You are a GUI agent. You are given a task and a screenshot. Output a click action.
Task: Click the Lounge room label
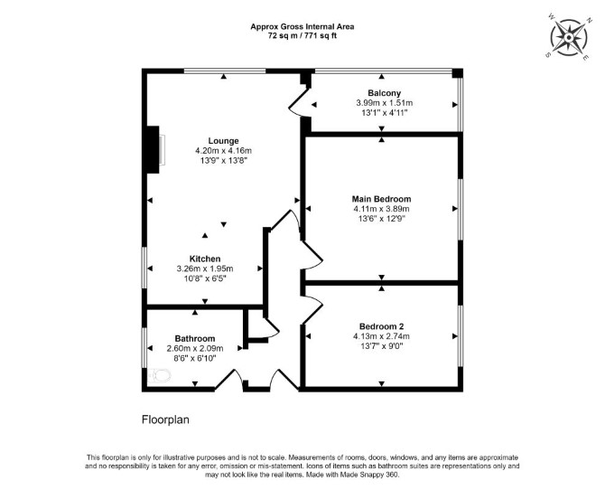(x=223, y=141)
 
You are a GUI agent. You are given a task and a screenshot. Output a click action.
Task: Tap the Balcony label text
(x=385, y=93)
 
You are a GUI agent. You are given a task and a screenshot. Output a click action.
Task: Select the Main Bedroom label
(x=381, y=199)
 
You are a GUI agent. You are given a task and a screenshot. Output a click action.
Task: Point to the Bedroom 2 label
(x=381, y=326)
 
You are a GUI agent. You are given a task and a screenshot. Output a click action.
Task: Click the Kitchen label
(x=205, y=259)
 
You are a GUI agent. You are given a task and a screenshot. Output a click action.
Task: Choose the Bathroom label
(x=195, y=338)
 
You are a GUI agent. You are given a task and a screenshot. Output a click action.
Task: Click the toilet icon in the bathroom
(x=160, y=375)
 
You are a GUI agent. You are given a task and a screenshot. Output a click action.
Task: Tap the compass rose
(x=569, y=37)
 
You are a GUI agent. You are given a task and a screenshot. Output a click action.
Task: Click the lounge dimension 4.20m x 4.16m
(x=223, y=151)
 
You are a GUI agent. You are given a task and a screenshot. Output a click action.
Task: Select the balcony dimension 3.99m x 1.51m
(x=385, y=103)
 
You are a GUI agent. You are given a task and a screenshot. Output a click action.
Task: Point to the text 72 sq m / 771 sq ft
(x=302, y=36)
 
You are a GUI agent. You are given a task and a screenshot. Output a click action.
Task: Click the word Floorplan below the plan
(x=165, y=419)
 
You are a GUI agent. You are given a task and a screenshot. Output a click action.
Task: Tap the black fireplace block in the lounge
(x=153, y=149)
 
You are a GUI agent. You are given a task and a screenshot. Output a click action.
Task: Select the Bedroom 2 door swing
(x=312, y=309)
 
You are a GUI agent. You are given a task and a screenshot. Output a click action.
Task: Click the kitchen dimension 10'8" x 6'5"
(x=205, y=278)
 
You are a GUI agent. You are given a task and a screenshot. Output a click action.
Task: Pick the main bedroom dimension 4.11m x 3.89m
(x=381, y=209)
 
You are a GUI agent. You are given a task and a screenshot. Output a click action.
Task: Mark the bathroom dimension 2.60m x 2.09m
(x=195, y=349)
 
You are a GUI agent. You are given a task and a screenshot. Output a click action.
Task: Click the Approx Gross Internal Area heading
(x=302, y=26)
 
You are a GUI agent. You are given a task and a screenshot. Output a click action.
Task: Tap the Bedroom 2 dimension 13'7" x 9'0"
(x=381, y=346)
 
